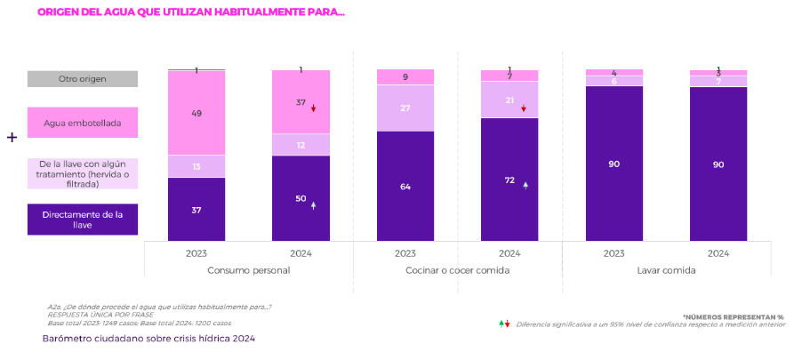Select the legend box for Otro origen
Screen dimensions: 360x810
[x=82, y=79]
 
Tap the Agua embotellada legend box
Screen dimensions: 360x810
[x=82, y=123]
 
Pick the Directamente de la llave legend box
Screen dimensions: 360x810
[x=82, y=220]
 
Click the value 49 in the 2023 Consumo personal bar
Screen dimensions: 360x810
[x=196, y=113]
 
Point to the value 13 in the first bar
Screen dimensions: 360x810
[x=196, y=166]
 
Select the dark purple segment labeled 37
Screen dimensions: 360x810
[x=196, y=210]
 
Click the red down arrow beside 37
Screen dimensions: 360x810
[x=314, y=108]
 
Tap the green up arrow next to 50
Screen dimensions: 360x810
[x=313, y=205]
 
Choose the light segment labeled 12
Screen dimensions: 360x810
[x=301, y=145]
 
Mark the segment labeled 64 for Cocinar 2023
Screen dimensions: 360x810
[x=405, y=187]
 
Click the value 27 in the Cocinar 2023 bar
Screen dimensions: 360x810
[x=405, y=108]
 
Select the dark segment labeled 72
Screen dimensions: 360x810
[x=509, y=180]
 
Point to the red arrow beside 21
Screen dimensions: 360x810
[x=524, y=108]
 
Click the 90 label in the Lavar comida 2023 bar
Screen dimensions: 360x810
[x=614, y=164]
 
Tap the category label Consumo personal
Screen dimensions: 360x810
[x=248, y=270]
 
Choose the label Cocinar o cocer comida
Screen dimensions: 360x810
[x=457, y=270]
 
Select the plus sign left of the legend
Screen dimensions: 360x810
[x=12, y=138]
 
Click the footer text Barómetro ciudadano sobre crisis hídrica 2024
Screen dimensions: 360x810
[x=148, y=339]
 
